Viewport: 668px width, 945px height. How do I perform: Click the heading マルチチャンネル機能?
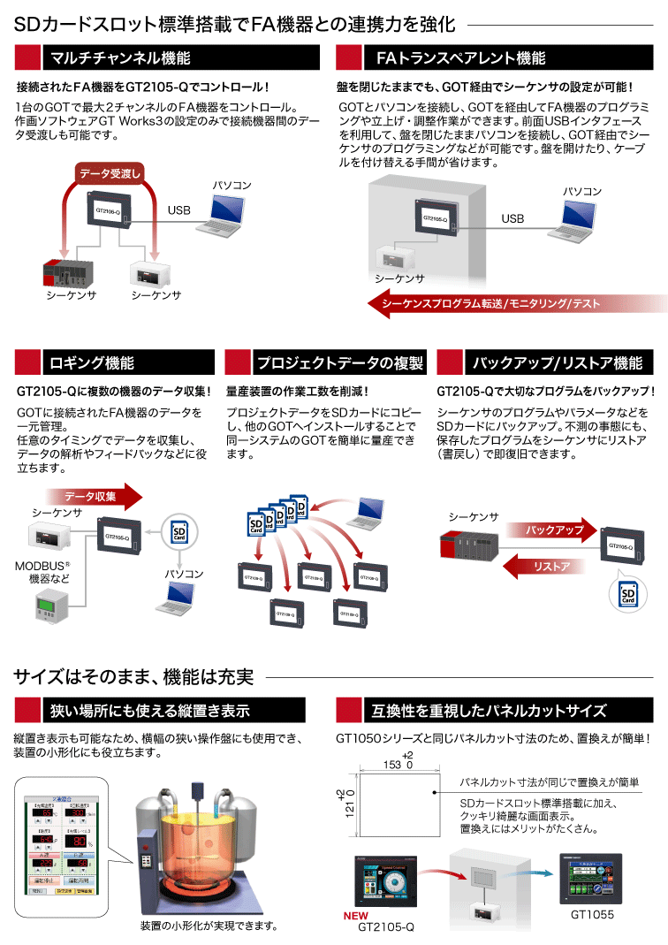point(120,58)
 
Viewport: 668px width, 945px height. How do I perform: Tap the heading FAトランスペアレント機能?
point(460,58)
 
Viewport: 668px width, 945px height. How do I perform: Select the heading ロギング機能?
point(92,362)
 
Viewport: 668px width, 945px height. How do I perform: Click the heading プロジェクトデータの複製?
point(338,362)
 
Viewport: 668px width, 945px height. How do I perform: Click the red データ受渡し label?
point(110,173)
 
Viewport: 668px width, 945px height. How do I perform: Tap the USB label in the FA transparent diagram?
point(512,218)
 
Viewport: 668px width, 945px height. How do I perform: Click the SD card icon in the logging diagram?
point(180,531)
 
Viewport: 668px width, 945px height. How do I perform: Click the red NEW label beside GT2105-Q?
point(356,916)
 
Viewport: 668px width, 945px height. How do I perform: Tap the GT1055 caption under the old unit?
point(592,915)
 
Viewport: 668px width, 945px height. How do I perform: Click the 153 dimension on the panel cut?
point(393,764)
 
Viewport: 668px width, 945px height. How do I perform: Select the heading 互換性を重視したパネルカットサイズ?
point(489,710)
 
